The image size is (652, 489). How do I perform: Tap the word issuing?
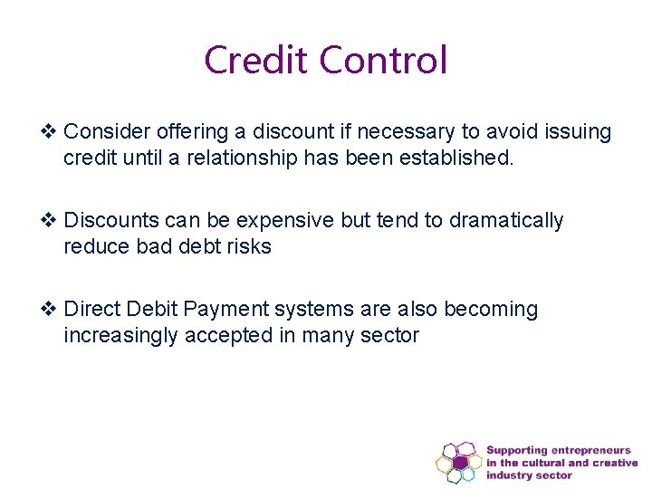[576, 132]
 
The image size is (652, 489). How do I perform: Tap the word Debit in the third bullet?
[153, 310]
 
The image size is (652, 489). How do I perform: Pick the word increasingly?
[120, 336]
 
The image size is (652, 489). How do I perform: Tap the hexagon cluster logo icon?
[458, 462]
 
